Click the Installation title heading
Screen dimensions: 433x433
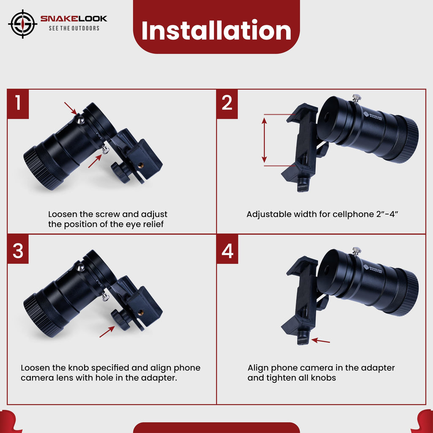click(x=216, y=30)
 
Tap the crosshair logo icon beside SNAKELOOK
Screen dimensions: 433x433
click(x=23, y=24)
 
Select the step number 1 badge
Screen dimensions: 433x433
click(x=18, y=103)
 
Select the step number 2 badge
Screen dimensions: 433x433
click(x=227, y=103)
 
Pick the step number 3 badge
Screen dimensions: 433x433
click(x=18, y=251)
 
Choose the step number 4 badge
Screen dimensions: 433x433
click(x=227, y=251)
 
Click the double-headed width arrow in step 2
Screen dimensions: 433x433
click(x=264, y=140)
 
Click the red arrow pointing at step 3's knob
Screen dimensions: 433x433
click(x=107, y=332)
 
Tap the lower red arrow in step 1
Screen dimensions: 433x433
click(x=95, y=162)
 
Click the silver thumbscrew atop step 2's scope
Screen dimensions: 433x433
click(x=357, y=99)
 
